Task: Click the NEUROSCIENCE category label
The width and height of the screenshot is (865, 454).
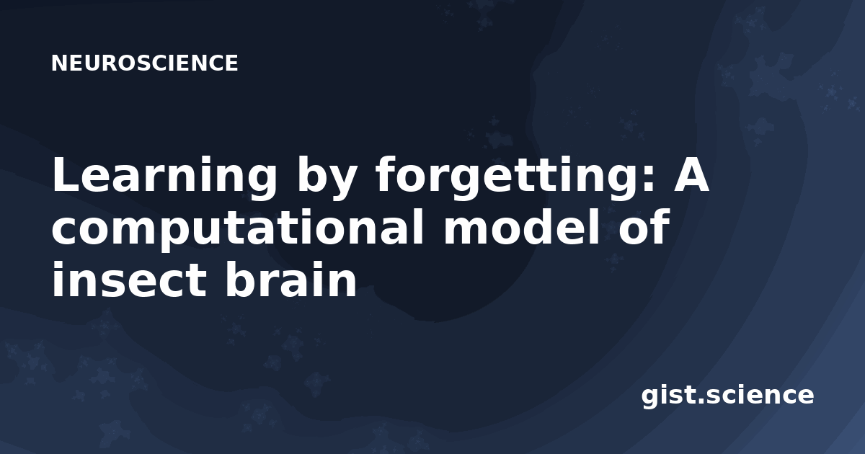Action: point(144,63)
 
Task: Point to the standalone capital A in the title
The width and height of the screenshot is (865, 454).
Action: point(691,174)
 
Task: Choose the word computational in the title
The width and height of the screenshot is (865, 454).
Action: point(237,231)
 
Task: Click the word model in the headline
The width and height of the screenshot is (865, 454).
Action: point(520,226)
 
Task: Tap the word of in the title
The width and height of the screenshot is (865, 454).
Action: point(643,226)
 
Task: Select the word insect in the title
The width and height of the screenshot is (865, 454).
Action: point(129,279)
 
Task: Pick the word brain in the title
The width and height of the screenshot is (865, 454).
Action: point(291,279)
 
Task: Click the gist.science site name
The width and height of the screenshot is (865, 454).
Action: point(727,396)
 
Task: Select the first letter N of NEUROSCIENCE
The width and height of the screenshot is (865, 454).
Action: point(58,63)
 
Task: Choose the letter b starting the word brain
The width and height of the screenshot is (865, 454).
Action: point(240,279)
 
